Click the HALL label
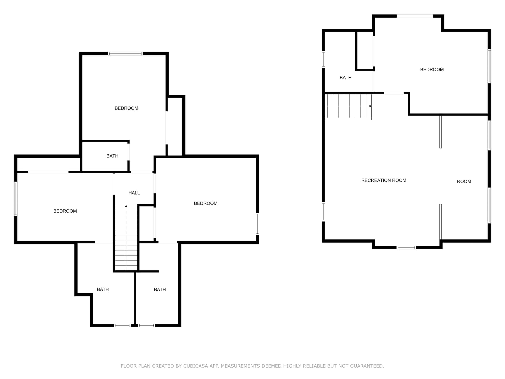pos(134,193)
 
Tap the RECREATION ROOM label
pos(383,180)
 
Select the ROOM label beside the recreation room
pos(464,181)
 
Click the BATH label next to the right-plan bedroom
pos(345,78)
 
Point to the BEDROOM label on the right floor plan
pos(432,69)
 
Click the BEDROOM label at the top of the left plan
pos(126,108)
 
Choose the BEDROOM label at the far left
pos(65,211)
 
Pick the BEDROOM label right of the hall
pos(206,203)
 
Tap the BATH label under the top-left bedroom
pos(112,156)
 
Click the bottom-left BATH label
pos(103,290)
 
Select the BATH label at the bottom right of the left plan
pos(160,290)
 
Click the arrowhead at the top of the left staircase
pos(126,206)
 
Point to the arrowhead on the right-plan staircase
pos(370,106)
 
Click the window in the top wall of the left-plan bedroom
pos(125,54)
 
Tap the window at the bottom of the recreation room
pos(406,247)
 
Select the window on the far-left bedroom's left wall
pos(16,199)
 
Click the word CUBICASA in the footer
pos(196,366)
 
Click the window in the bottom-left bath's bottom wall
pos(122,325)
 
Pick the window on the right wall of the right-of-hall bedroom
pos(257,224)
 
